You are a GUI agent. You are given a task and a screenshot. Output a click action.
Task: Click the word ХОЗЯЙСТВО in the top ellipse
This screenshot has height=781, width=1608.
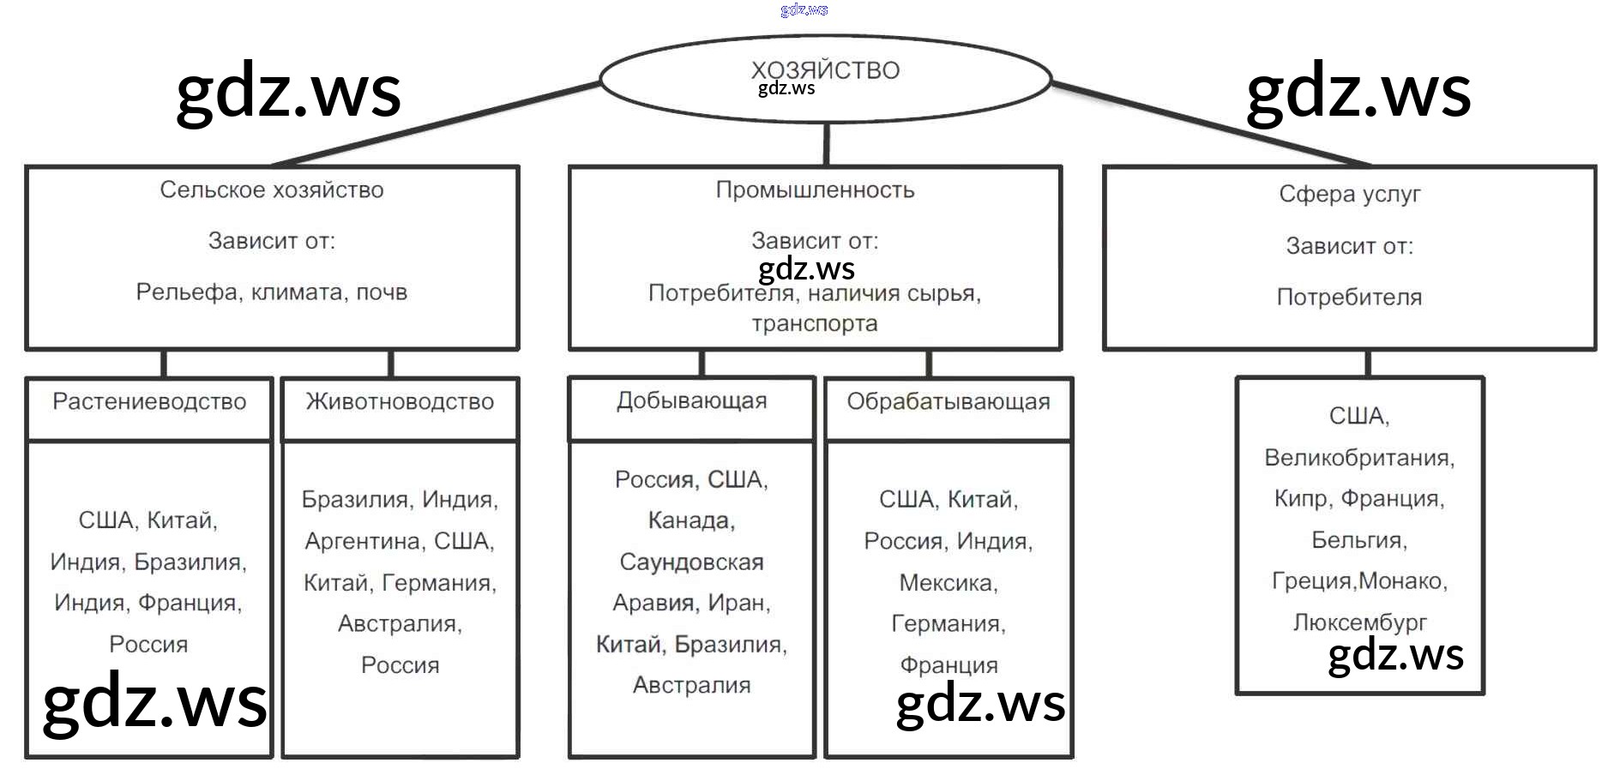point(825,69)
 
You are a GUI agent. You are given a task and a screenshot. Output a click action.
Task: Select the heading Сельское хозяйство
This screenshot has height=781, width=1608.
point(272,189)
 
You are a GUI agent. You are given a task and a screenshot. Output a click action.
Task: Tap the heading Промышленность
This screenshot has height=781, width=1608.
point(815,189)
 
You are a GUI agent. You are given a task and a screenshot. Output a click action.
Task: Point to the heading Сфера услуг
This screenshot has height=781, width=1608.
point(1349,195)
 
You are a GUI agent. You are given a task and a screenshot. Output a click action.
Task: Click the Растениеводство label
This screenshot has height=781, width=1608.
point(149,401)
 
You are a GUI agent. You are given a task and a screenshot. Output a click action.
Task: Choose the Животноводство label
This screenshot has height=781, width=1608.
point(400,401)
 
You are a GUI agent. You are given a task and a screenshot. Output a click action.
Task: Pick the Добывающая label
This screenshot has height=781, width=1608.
point(691,400)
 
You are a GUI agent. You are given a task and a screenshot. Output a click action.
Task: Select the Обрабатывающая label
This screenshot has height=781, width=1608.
point(948,401)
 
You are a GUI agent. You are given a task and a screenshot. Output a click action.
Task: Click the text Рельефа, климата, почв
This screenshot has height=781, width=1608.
point(272,292)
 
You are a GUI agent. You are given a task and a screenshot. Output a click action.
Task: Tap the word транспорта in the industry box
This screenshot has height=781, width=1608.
point(815,323)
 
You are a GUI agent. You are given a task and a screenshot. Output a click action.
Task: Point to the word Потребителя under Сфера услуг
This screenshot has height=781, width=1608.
point(1349,297)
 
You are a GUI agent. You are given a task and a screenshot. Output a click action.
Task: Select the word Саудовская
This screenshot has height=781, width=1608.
point(691,562)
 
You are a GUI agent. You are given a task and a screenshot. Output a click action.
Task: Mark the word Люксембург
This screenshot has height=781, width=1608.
point(1359,622)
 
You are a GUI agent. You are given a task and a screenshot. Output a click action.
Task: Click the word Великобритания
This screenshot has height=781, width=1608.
point(1358,458)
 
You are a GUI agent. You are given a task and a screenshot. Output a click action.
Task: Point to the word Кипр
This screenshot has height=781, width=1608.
point(1301,499)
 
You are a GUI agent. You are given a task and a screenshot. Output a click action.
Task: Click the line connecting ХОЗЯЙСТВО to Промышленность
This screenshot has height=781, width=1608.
point(826,144)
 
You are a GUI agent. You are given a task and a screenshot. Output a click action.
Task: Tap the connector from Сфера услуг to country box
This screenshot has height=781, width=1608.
point(1367,363)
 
